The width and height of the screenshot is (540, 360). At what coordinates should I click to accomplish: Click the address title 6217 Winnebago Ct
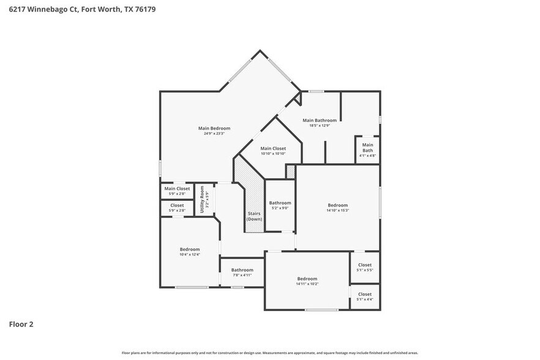[x=77, y=9]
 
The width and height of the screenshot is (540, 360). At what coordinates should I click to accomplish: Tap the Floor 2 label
[x=21, y=324]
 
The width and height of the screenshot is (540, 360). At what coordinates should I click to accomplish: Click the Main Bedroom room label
[x=214, y=128]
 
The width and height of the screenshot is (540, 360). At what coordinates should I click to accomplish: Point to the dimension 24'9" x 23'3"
[x=214, y=133]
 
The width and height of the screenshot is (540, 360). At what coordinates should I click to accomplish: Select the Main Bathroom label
[x=320, y=121]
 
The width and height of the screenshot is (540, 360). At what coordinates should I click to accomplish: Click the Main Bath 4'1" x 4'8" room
[x=367, y=150]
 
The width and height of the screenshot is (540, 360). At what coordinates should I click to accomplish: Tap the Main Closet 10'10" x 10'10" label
[x=272, y=151]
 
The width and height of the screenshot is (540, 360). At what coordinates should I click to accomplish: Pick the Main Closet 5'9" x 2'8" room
[x=177, y=191]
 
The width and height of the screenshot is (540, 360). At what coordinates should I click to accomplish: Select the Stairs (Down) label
[x=254, y=216]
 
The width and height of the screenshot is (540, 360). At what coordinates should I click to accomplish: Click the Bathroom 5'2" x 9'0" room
[x=280, y=205]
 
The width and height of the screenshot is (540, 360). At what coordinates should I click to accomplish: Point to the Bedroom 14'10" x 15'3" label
[x=337, y=208]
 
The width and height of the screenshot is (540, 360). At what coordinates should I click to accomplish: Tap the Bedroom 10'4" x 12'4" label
[x=190, y=252]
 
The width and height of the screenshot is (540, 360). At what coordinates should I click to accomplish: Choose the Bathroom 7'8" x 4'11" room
[x=242, y=272]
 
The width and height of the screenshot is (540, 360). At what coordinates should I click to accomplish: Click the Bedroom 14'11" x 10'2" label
[x=307, y=280]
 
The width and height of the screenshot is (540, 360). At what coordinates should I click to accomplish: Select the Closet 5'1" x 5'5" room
[x=364, y=268]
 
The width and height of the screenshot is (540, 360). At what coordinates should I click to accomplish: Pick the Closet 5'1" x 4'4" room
[x=364, y=296]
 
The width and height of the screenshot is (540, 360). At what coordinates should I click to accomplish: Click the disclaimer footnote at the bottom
[x=269, y=353]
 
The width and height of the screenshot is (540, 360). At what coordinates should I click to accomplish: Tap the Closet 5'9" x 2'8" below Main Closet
[x=177, y=208]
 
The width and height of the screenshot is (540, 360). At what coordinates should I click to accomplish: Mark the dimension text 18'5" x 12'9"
[x=320, y=126]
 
